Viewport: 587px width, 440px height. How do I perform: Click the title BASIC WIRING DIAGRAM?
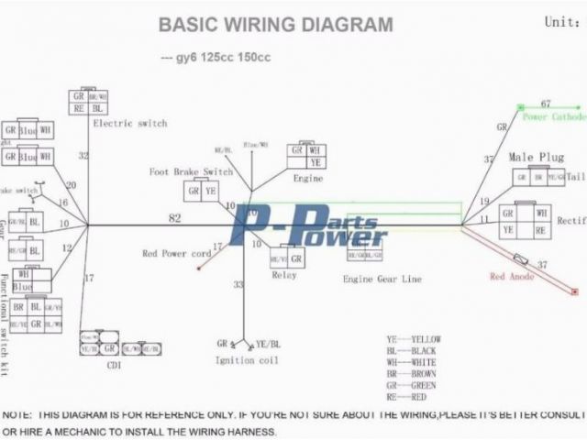pyautogui.click(x=275, y=25)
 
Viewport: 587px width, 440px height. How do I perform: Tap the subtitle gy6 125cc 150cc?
pyautogui.click(x=215, y=58)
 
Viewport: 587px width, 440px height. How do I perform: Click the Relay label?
pyautogui.click(x=282, y=275)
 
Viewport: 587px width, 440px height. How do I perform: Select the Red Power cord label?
pyautogui.click(x=175, y=254)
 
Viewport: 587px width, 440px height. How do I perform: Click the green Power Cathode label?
pyautogui.click(x=554, y=117)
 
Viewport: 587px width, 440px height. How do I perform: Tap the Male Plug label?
pyautogui.click(x=536, y=158)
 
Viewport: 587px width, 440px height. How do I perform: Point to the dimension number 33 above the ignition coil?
pyautogui.click(x=238, y=285)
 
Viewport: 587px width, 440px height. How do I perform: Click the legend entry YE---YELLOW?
pyautogui.click(x=414, y=339)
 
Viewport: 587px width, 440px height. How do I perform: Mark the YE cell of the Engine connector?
pyautogui.click(x=316, y=163)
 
